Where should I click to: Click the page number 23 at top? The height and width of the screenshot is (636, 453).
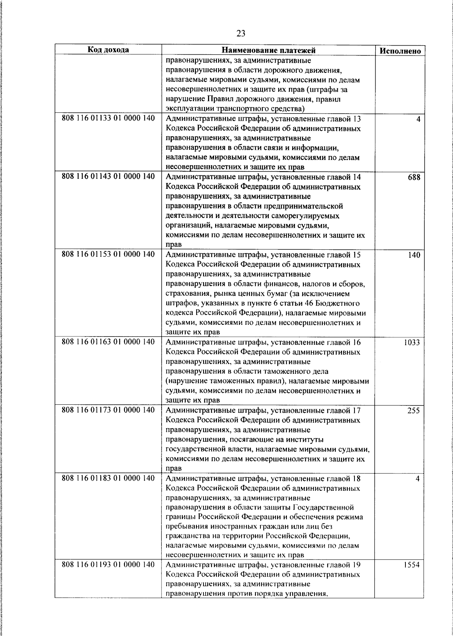241,34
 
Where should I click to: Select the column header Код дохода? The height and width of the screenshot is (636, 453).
108,50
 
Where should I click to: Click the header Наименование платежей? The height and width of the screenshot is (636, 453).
268,50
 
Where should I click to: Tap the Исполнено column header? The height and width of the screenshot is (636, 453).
400,51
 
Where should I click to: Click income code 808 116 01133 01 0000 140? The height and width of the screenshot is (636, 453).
108,118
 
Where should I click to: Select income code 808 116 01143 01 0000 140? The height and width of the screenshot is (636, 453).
108,177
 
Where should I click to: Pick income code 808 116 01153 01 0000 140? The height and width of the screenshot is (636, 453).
108,255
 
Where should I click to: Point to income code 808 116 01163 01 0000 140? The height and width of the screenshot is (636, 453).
108,342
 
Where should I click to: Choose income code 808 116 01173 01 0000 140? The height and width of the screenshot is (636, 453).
108,410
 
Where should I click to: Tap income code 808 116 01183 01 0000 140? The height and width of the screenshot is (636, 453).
108,478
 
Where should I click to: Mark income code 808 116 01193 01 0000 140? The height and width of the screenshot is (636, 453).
108,565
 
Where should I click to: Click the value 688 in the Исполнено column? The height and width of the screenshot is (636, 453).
414,177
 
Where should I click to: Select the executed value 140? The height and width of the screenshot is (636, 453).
414,255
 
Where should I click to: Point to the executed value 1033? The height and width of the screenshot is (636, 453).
412,343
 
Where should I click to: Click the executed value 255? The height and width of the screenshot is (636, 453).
413,411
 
